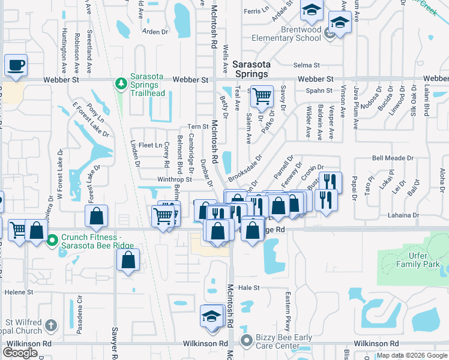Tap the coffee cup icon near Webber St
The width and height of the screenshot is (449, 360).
(x=16, y=65)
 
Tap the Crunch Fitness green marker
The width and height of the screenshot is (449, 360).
(x=52, y=241)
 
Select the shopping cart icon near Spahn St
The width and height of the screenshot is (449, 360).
(x=262, y=96)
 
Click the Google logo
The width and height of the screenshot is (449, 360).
(x=20, y=353)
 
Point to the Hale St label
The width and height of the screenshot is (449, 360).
(x=248, y=288)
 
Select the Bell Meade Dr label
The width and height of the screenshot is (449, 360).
(x=393, y=158)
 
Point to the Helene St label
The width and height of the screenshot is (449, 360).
(x=17, y=292)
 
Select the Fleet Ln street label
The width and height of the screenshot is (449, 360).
(x=150, y=145)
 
